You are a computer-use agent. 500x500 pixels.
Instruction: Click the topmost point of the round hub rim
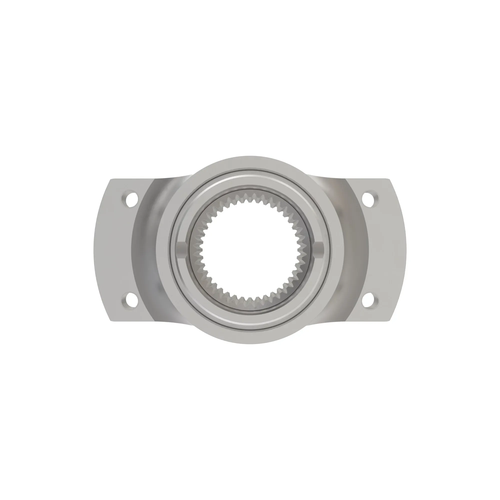(x=250, y=156)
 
